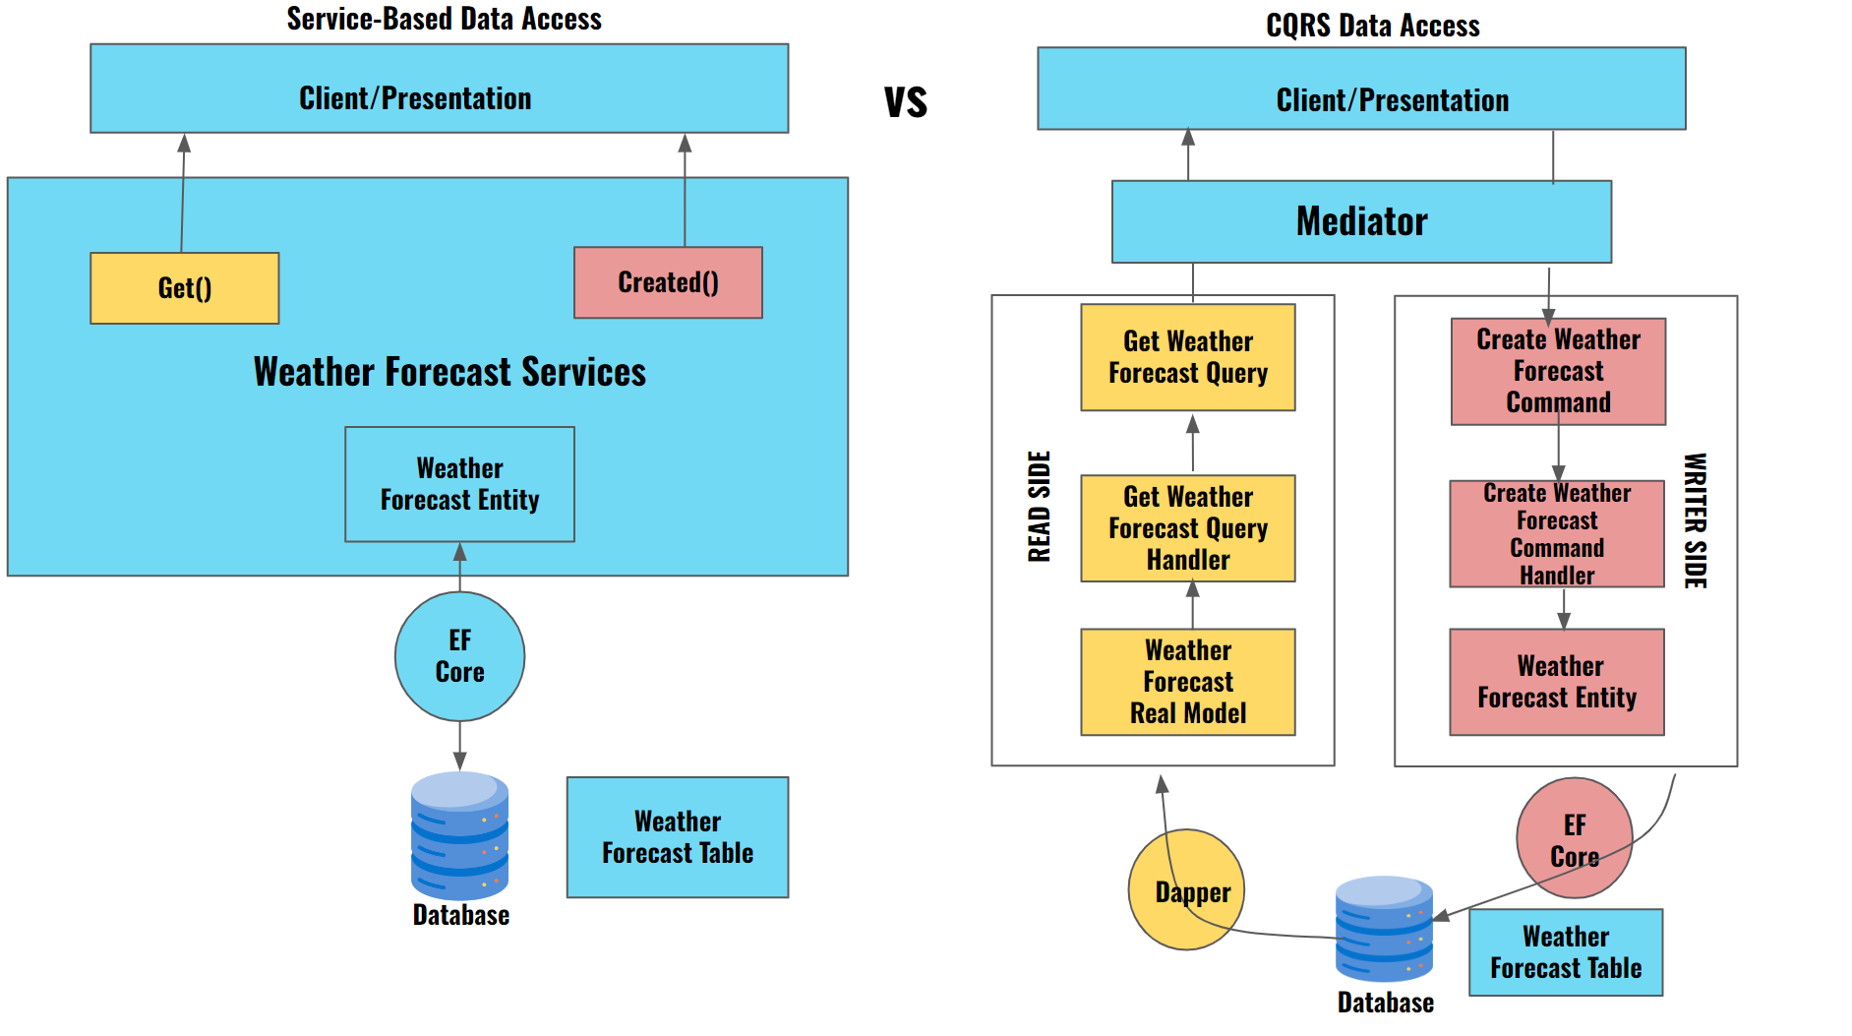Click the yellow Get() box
point(184,288)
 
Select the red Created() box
point(668,282)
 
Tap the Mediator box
point(1361,221)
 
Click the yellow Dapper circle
point(1186,890)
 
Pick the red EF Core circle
point(1574,838)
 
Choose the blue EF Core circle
point(459,656)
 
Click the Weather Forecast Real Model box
point(1187,682)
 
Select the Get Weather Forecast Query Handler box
point(1187,528)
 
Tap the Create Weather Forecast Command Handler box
point(1556,534)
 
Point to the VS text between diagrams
point(905,102)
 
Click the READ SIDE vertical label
point(1040,507)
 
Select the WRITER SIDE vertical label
point(1695,520)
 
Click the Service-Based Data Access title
point(444,19)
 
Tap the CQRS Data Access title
point(1372,26)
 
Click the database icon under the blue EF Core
point(459,835)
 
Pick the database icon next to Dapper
point(1384,929)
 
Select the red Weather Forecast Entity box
point(1556,682)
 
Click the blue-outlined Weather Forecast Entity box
point(459,484)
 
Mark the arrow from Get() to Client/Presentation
point(183,192)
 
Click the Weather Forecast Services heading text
point(449,372)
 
